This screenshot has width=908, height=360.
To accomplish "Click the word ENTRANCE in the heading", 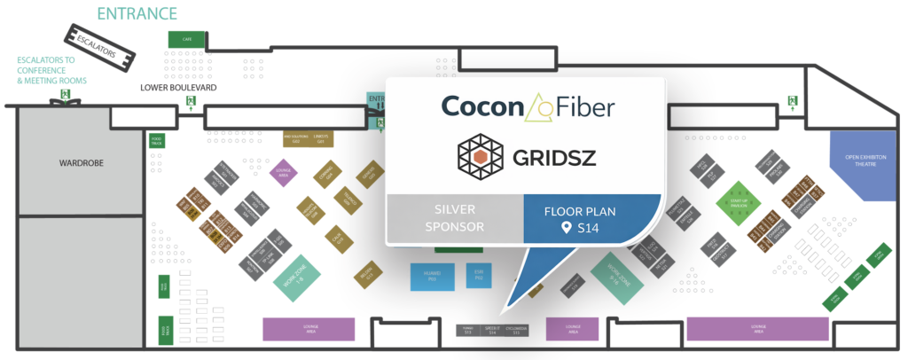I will coord(137,13).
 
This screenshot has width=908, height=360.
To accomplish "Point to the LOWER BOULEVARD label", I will coord(178,89).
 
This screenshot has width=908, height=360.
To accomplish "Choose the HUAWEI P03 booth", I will coord(432,276).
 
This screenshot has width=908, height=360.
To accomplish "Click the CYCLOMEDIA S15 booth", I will coord(516,330).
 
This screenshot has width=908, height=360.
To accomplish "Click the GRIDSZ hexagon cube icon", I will coord(478,156).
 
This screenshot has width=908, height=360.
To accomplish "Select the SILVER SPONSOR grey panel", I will coord(454,219).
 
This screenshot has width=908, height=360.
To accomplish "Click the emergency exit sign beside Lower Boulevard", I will coord(191,103).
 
